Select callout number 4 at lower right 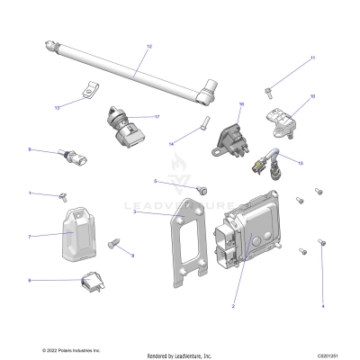pos(322,307)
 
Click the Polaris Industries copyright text pos(71,349)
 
